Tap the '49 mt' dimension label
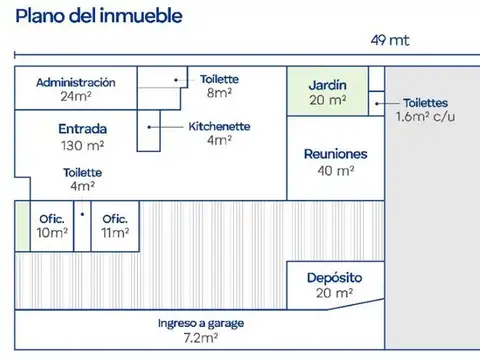(390, 41)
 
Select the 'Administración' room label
(75, 82)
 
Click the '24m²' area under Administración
(75, 97)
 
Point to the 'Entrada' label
(83, 129)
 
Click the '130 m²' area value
(83, 145)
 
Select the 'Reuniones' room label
(335, 155)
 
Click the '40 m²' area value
(335, 171)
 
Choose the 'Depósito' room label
(334, 277)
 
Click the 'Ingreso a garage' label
(201, 324)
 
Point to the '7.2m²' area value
(201, 339)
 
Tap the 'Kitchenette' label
(219, 126)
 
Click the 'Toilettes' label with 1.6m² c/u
(425, 103)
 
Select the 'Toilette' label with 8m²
(219, 79)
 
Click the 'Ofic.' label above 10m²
(51, 219)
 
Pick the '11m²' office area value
(115, 233)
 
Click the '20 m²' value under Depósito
(334, 293)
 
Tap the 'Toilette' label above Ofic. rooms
(83, 172)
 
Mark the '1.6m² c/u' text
(425, 117)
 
